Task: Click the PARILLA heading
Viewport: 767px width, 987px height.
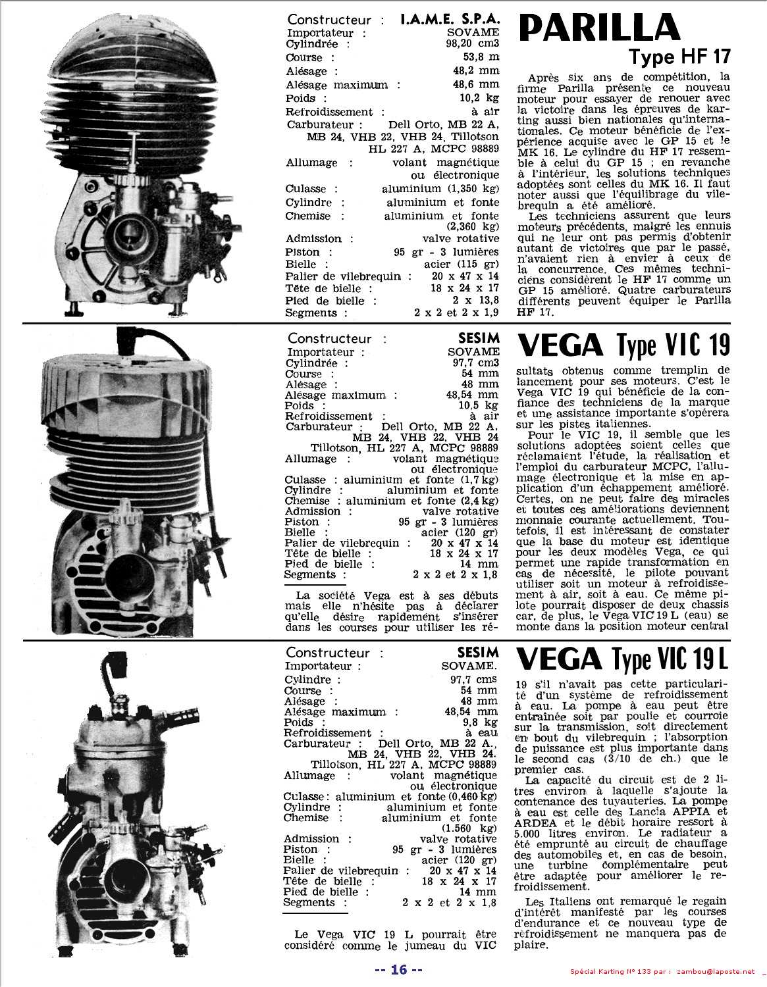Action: click(x=599, y=28)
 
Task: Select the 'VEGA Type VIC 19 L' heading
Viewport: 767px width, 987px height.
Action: click(x=622, y=658)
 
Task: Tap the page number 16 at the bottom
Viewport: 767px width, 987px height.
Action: click(x=398, y=969)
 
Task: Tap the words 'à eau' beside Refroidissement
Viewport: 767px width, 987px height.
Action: click(x=481, y=732)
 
